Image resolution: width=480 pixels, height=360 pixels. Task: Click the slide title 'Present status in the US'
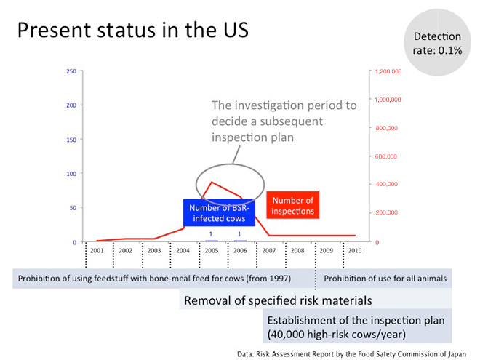coord(133,30)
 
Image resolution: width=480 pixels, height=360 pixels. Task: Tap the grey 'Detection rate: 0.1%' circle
coord(437,43)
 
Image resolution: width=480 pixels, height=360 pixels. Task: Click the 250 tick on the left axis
coord(71,71)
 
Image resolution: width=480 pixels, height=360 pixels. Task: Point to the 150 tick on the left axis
coord(71,140)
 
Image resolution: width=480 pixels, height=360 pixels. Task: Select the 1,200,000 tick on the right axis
coord(388,71)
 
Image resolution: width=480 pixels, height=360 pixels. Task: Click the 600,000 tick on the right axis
coord(385,156)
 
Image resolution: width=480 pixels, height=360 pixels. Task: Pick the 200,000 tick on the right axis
coord(386,212)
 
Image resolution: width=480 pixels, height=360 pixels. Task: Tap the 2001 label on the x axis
coord(97,251)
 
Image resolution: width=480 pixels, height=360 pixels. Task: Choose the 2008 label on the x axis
coord(297,251)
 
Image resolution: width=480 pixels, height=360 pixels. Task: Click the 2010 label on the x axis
coord(355,251)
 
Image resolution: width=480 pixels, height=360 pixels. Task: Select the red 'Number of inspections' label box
coord(293,205)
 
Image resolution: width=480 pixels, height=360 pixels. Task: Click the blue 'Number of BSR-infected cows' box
coord(219,213)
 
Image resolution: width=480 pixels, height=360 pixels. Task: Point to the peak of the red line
coord(212,182)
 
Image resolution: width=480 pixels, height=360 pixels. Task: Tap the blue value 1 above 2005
coord(211,234)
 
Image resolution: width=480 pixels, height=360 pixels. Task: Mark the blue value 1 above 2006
coord(239,234)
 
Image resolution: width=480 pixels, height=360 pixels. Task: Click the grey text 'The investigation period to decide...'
coord(284,121)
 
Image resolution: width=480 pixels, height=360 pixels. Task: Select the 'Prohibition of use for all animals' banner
coord(385,279)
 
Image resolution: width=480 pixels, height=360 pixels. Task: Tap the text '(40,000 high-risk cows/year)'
coord(337,334)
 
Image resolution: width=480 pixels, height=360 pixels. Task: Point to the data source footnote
coord(351,354)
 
